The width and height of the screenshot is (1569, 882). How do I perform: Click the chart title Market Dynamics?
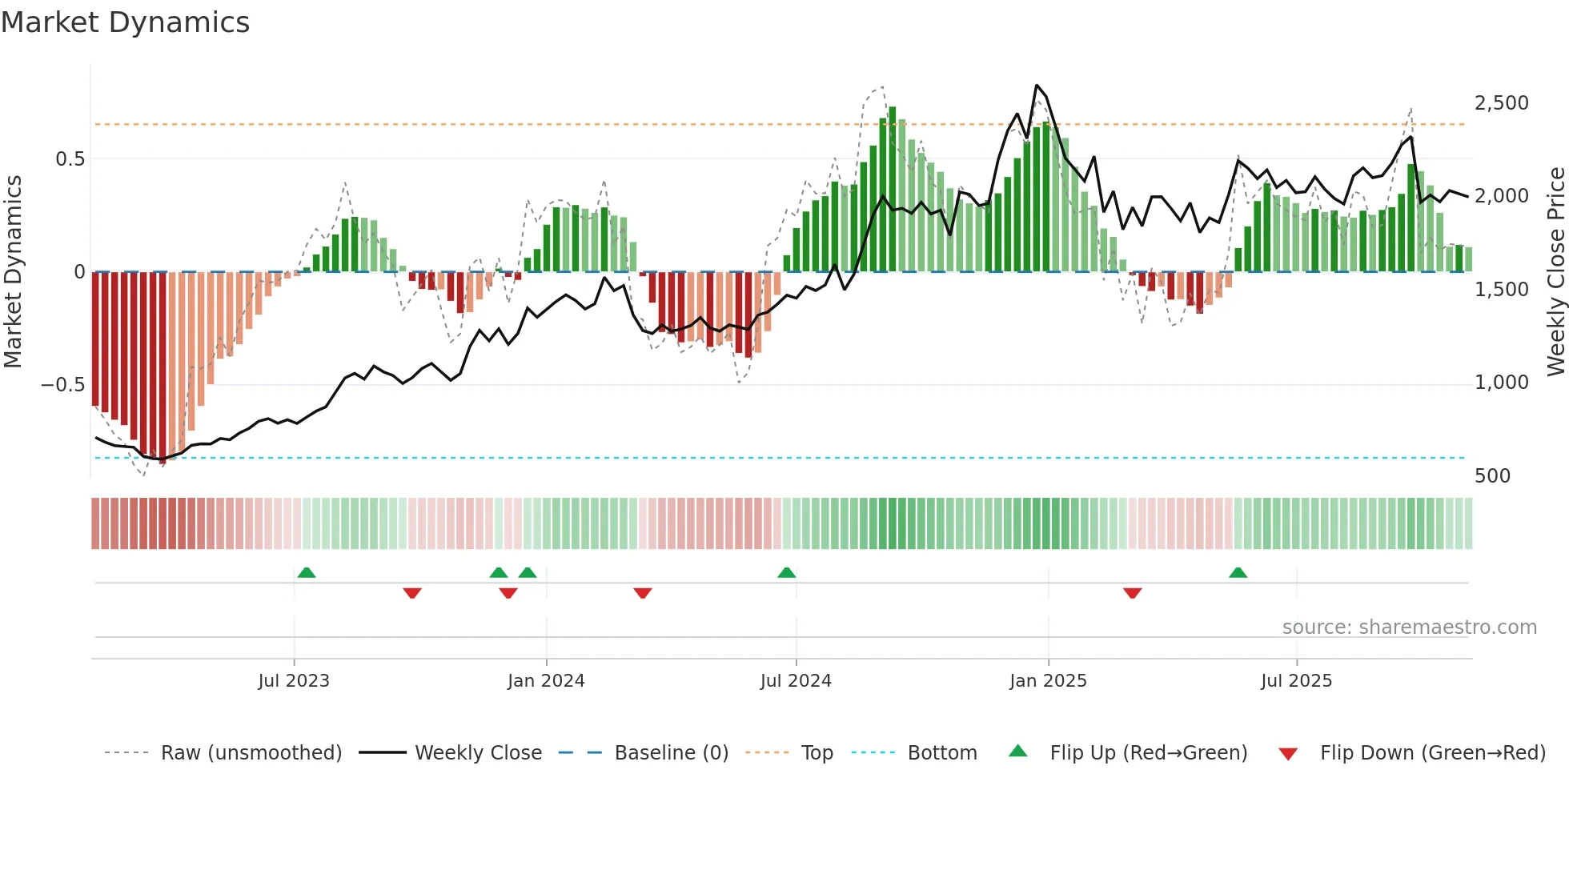(x=125, y=22)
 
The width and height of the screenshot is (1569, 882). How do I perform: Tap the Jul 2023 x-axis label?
(x=294, y=680)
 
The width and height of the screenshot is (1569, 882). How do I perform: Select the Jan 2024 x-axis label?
(x=546, y=680)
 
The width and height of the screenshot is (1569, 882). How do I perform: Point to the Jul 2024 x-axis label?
(x=796, y=680)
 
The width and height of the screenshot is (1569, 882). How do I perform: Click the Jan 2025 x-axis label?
(x=1048, y=680)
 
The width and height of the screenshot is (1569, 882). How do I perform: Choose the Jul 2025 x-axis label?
(x=1296, y=680)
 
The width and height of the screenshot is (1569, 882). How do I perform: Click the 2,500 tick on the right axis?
(x=1501, y=103)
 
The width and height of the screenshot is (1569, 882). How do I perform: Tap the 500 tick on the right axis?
(x=1492, y=476)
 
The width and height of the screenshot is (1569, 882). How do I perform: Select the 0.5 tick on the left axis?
(x=70, y=159)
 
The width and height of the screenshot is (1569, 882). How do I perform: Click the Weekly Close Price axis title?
(x=1555, y=271)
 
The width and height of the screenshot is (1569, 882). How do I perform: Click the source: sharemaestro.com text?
(x=1409, y=627)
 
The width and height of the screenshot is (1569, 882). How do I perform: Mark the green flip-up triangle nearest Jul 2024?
(x=786, y=573)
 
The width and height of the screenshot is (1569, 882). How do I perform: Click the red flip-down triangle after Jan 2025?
(x=1132, y=592)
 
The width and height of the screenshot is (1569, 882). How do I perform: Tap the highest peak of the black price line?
(x=1037, y=85)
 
